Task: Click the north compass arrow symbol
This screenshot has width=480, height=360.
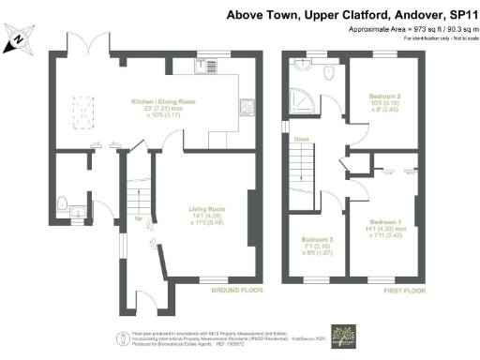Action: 18,38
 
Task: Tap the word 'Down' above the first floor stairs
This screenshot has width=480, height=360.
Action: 301,140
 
